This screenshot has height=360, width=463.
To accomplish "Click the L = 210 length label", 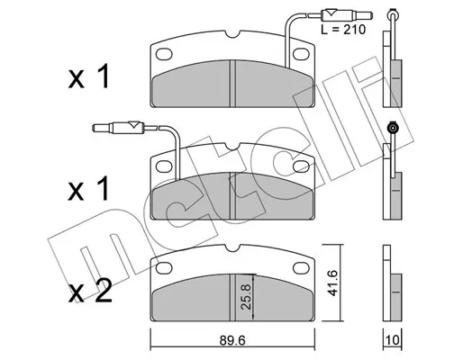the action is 343,30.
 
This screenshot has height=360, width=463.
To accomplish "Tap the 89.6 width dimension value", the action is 232,340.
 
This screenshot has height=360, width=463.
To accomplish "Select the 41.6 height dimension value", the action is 332,283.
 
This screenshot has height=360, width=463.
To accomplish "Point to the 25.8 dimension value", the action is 246,297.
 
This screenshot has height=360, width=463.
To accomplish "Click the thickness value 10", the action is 393,340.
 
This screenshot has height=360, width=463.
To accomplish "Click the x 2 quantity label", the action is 90,291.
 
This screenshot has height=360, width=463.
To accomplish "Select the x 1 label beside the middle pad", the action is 89,188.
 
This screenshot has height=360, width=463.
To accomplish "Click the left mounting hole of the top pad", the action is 164,54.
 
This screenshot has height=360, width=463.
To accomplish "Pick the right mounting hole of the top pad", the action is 301,54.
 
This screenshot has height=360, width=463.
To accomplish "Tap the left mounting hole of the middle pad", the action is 164,166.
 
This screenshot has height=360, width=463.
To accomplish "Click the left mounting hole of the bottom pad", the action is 164,267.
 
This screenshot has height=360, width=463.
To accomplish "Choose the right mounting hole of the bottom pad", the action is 301,267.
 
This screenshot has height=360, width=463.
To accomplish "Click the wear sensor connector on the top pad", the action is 347,14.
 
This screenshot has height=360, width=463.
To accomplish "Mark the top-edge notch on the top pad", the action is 232,34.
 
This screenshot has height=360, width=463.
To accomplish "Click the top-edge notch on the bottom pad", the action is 232,247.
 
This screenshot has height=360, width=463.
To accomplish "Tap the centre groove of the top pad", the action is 232,84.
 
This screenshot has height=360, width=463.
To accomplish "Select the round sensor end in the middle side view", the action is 393,129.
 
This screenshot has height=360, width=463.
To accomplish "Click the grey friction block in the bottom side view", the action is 396,297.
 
